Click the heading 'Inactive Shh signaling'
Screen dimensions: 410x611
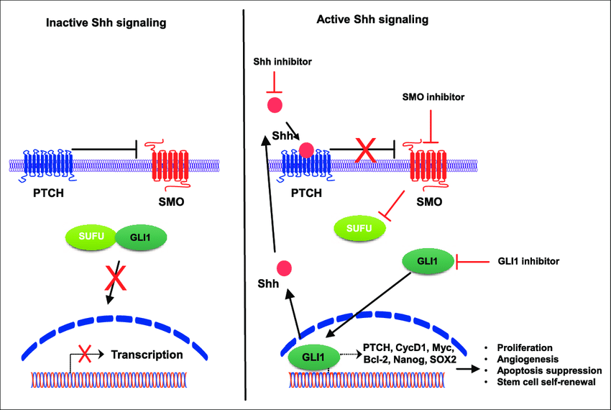106,23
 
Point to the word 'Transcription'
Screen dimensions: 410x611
147,354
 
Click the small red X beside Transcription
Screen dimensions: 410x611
86,353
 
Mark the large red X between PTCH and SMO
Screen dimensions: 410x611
365,150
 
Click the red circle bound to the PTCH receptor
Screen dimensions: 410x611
306,150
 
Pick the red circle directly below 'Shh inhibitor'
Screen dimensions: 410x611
275,105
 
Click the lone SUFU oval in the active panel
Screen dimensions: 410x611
357,228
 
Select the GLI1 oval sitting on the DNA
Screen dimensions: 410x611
313,355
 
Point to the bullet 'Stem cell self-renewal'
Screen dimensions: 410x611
546,381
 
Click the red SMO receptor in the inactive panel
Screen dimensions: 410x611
170,165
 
